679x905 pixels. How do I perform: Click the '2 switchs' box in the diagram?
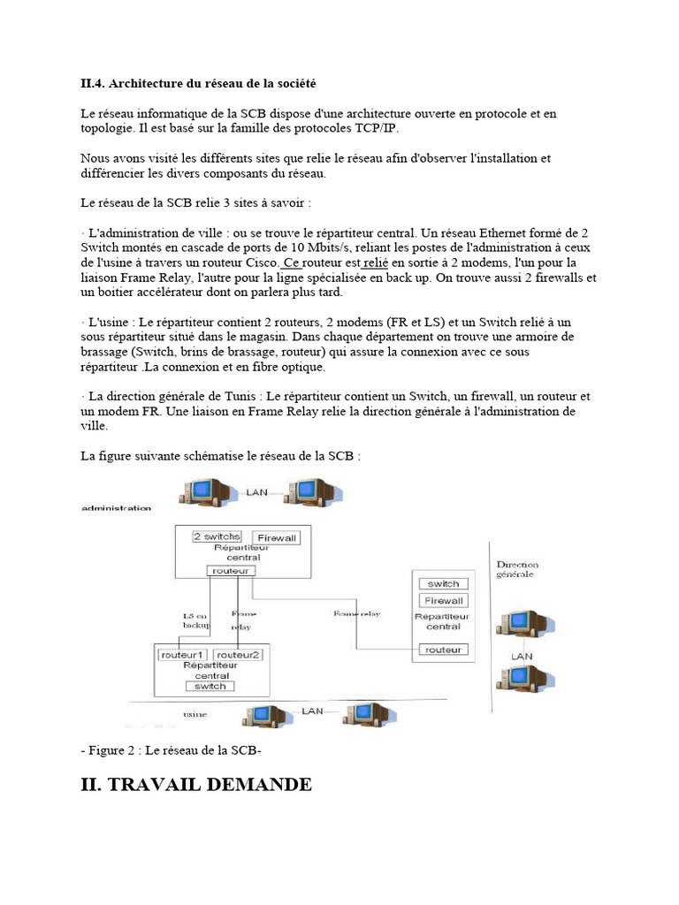tap(217, 536)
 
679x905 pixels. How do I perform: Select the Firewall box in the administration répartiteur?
tap(277, 537)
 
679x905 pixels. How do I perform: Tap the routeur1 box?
tap(182, 655)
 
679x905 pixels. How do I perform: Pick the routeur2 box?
tap(238, 655)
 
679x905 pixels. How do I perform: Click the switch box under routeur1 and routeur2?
tap(210, 686)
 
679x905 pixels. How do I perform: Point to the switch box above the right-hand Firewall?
tap(443, 584)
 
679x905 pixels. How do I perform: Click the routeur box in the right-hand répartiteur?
tap(443, 650)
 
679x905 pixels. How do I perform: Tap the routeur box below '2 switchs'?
tap(232, 571)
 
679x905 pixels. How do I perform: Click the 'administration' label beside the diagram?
tap(116, 508)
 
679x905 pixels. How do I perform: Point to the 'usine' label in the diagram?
tap(195, 712)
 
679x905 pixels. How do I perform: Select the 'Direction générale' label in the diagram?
tap(517, 569)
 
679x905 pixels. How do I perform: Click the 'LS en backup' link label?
tap(195, 619)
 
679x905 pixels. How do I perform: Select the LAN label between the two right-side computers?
tap(522, 657)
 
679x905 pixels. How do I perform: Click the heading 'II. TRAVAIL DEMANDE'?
tap(195, 784)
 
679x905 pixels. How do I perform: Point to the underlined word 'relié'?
tap(377, 262)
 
